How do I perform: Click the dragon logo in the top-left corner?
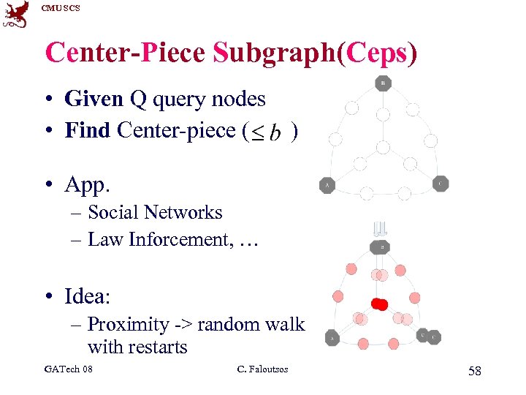(x=16, y=14)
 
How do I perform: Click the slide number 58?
(x=474, y=372)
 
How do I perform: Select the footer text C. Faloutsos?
(x=263, y=369)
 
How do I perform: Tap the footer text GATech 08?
(x=68, y=369)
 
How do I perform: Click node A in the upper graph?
(x=327, y=186)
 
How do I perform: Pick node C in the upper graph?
(x=441, y=184)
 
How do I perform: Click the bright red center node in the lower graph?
(x=380, y=304)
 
